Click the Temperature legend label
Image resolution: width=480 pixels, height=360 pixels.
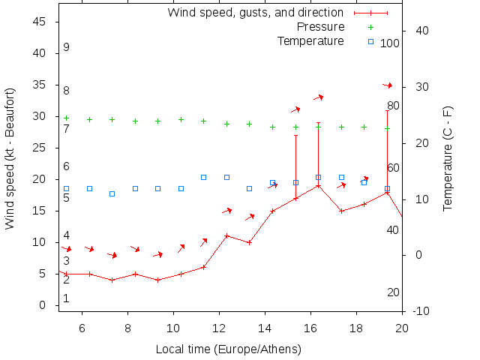tap(310, 40)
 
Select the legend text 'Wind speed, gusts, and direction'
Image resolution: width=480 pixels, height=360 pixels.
tap(255, 13)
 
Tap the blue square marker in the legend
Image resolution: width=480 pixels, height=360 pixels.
tap(370, 41)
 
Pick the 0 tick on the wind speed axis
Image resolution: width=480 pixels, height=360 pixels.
tap(44, 305)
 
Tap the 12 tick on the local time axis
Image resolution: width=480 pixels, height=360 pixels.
tap(219, 327)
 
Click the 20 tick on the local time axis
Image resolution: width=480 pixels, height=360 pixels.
tap(402, 327)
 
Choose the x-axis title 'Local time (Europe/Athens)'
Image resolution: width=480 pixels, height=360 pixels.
tap(228, 349)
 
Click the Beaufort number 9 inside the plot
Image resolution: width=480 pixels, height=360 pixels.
tap(66, 47)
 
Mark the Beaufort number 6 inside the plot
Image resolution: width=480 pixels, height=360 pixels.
tap(66, 166)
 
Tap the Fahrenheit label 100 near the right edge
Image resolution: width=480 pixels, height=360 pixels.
tap(389, 43)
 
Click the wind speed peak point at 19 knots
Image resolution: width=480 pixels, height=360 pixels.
tap(318, 185)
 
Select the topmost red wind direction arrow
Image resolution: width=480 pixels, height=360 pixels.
tap(388, 85)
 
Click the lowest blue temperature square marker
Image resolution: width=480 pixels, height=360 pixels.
tap(112, 193)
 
